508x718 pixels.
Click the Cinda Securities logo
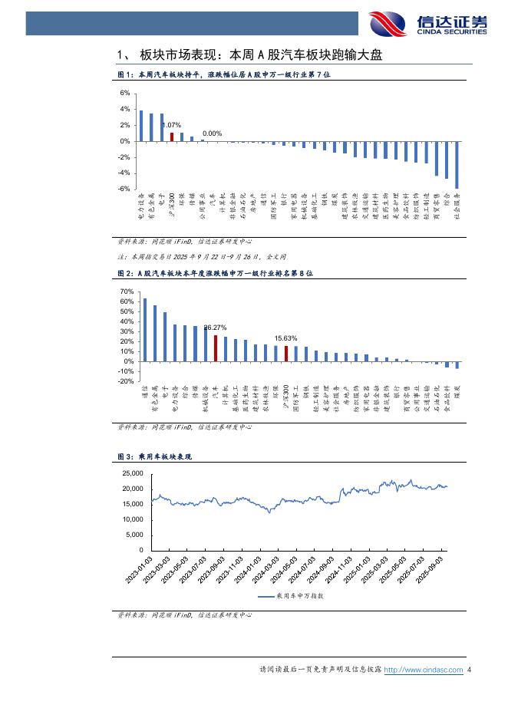pyautogui.click(x=427, y=24)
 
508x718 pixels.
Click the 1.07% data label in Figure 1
pyautogui.click(x=171, y=125)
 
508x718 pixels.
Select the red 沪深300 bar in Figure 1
pyautogui.click(x=172, y=137)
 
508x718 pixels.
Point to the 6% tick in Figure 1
pyautogui.click(x=125, y=94)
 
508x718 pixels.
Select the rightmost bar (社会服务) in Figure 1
pyautogui.click(x=457, y=165)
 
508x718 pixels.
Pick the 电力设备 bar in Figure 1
pyautogui.click(x=141, y=126)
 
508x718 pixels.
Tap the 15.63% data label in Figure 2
pyautogui.click(x=285, y=338)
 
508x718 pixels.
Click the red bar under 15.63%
pyautogui.click(x=286, y=354)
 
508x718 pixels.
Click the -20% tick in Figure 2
pyautogui.click(x=127, y=381)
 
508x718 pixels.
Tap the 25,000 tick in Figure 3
pyautogui.click(x=133, y=473)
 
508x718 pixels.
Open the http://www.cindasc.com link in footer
pyautogui.click(x=423, y=670)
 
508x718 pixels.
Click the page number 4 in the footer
pyautogui.click(x=469, y=670)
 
